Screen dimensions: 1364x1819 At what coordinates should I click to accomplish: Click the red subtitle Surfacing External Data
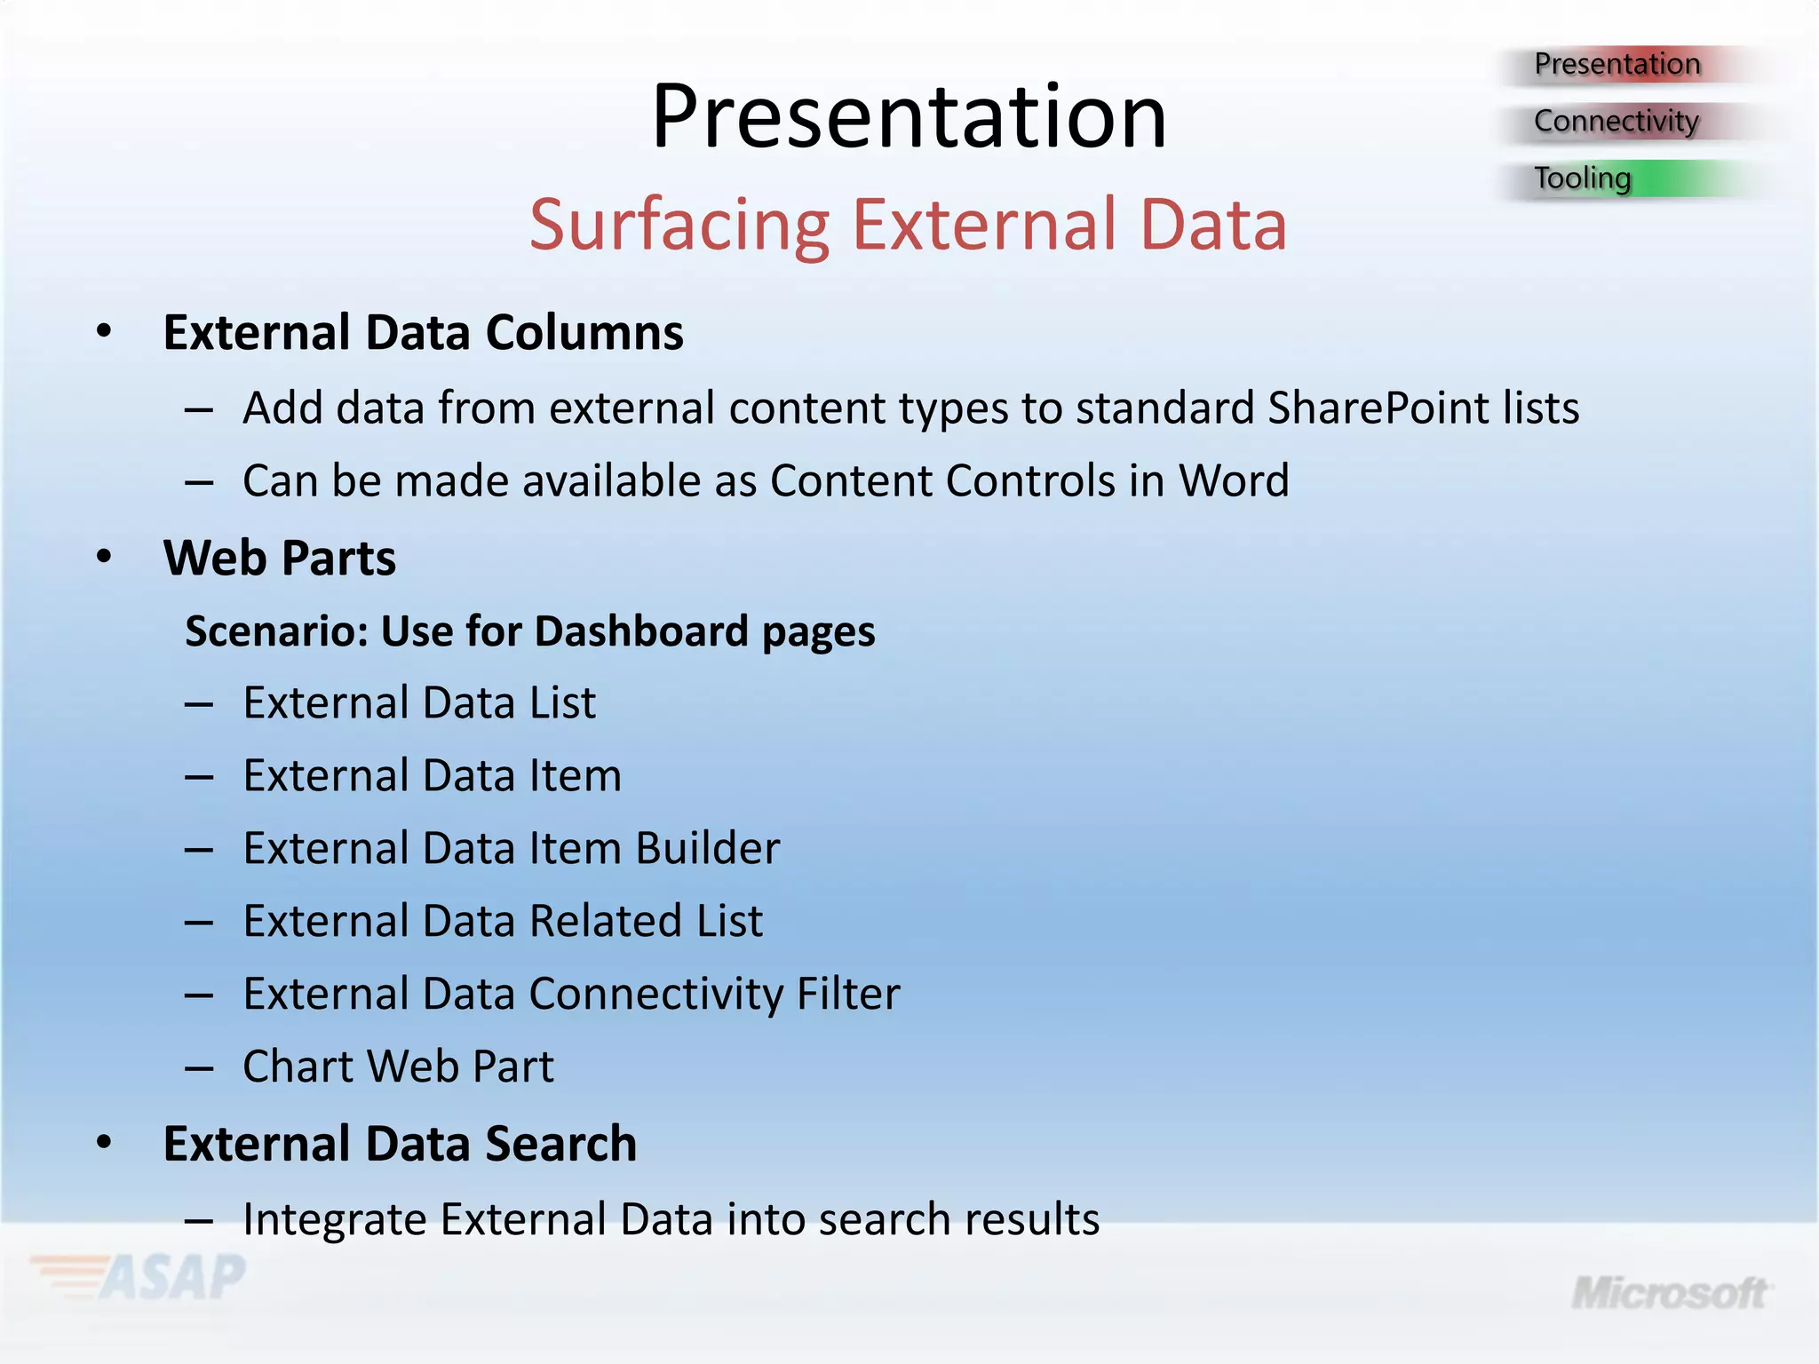[908, 225]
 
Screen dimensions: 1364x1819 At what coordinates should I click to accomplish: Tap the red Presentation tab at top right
[1616, 64]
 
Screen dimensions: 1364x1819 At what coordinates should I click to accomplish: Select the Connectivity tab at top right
[1616, 121]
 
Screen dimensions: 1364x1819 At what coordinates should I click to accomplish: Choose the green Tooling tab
[1582, 178]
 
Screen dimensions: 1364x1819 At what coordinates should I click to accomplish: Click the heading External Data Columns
[423, 333]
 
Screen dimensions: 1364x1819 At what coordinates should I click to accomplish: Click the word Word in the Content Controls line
[1233, 481]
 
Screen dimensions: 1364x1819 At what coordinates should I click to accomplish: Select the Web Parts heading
[279, 559]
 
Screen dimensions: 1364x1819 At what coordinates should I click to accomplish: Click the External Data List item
[419, 703]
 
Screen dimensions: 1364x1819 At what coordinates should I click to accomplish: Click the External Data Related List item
[503, 921]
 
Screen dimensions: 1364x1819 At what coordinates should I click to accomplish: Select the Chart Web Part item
[398, 1067]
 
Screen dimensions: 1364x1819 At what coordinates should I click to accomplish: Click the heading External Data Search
[400, 1144]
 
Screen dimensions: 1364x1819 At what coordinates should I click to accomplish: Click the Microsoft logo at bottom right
[1670, 1294]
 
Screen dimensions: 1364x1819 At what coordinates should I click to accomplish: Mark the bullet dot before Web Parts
[105, 558]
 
